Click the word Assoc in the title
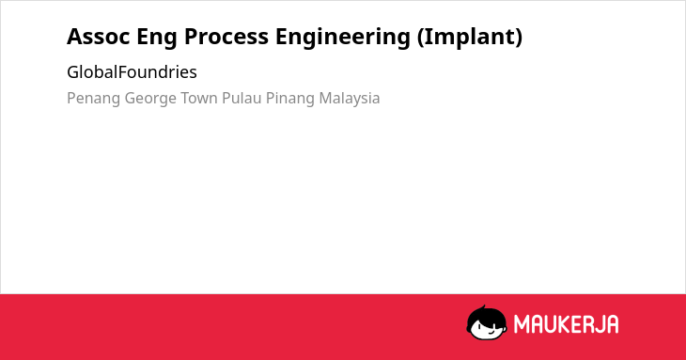point(99,37)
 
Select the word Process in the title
point(226,37)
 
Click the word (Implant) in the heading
point(470,38)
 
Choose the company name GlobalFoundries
point(132,72)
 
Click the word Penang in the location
point(93,99)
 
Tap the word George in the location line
point(150,99)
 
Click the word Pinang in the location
point(290,99)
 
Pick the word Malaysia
point(350,99)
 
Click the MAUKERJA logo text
point(566,324)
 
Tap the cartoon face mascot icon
point(487,322)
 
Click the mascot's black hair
point(486,314)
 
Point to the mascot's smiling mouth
point(491,332)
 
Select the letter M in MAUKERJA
point(521,324)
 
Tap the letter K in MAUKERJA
point(564,324)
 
